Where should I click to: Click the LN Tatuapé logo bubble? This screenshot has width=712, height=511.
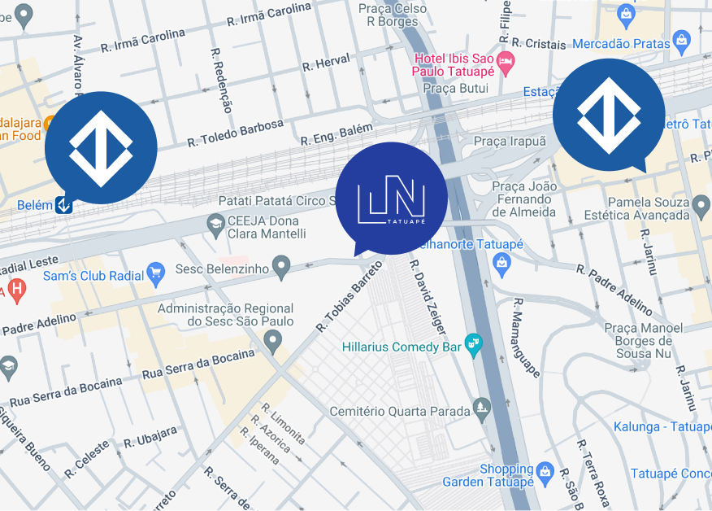(391, 199)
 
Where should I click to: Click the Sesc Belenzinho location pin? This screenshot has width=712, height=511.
(280, 264)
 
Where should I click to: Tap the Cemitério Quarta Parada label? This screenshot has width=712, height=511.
(399, 412)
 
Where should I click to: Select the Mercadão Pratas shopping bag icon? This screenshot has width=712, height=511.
(682, 40)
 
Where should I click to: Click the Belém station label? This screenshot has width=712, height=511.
(34, 206)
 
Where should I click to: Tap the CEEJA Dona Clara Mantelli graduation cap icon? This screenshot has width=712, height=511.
(215, 224)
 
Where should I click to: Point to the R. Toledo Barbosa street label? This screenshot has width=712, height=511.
(236, 133)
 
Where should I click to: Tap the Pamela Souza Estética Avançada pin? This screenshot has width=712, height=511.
(701, 207)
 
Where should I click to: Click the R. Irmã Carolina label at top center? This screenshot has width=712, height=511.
(268, 15)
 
